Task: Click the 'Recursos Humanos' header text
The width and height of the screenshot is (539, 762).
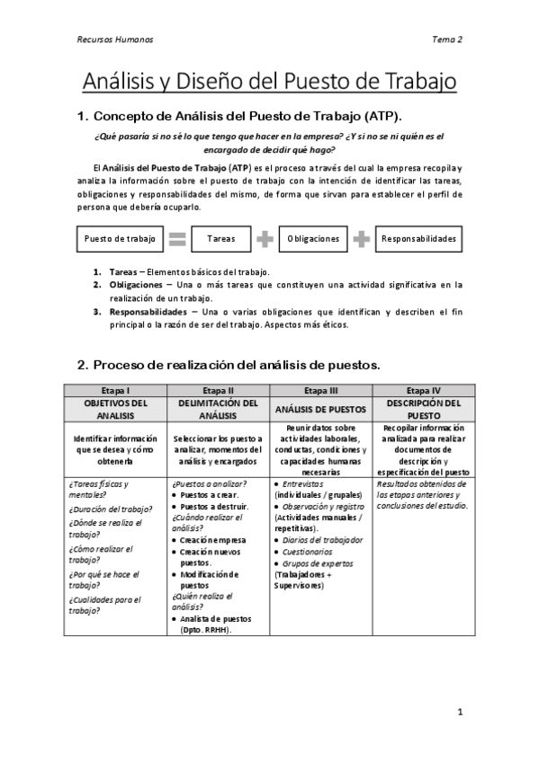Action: point(114,40)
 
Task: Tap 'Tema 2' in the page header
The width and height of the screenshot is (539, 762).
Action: point(447,40)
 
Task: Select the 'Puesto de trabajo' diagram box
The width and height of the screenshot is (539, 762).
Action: point(120,239)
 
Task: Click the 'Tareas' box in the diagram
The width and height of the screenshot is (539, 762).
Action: point(220,239)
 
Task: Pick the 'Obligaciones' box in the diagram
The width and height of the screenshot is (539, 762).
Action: point(314,239)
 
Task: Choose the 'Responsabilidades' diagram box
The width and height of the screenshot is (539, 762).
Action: point(418,239)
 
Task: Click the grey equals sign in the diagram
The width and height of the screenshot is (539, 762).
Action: point(177,239)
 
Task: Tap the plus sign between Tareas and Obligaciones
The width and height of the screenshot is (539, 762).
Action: point(265,239)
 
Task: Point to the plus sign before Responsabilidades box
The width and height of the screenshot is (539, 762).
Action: point(361,239)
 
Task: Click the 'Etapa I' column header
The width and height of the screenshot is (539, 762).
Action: point(115,390)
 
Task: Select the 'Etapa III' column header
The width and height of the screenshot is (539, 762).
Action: point(321,390)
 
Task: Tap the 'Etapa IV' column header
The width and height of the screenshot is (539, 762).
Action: point(424,390)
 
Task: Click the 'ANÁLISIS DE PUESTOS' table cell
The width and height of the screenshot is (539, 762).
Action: point(321,409)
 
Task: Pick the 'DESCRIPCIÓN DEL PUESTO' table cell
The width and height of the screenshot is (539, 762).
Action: point(424,409)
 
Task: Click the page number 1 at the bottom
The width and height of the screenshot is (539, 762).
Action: point(459,712)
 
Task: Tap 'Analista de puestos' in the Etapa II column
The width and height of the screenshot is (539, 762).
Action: point(216,618)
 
